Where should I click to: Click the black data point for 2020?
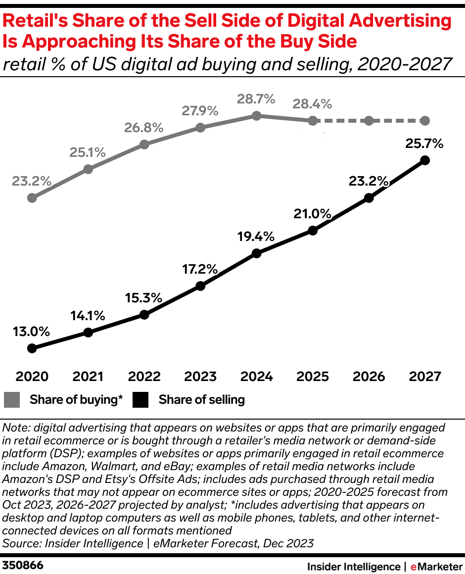click(32, 348)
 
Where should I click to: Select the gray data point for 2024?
click(256, 116)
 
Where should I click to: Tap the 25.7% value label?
click(424, 144)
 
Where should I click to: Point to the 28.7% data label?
click(256, 99)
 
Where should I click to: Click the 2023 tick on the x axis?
click(200, 377)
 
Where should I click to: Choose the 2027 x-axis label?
click(425, 377)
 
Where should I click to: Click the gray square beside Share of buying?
click(12, 400)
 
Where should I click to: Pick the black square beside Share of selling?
click(141, 400)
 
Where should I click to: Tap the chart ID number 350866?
click(23, 565)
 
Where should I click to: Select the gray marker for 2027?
click(425, 121)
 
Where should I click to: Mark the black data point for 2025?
click(313, 231)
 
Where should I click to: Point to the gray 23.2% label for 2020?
click(32, 181)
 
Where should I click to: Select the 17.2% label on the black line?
click(200, 269)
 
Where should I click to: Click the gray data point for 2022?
click(144, 144)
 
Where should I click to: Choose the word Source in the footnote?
click(19, 543)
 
